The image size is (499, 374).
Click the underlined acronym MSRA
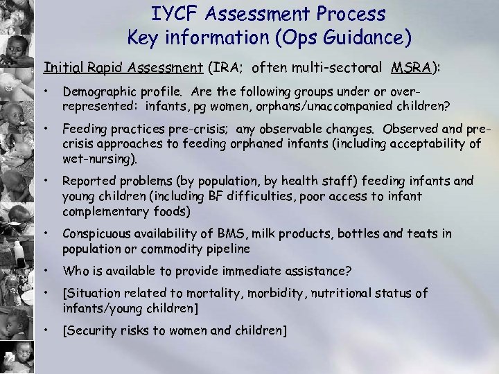(x=409, y=67)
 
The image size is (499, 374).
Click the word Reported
(x=87, y=181)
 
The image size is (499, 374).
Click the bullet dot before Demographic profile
(x=45, y=91)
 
